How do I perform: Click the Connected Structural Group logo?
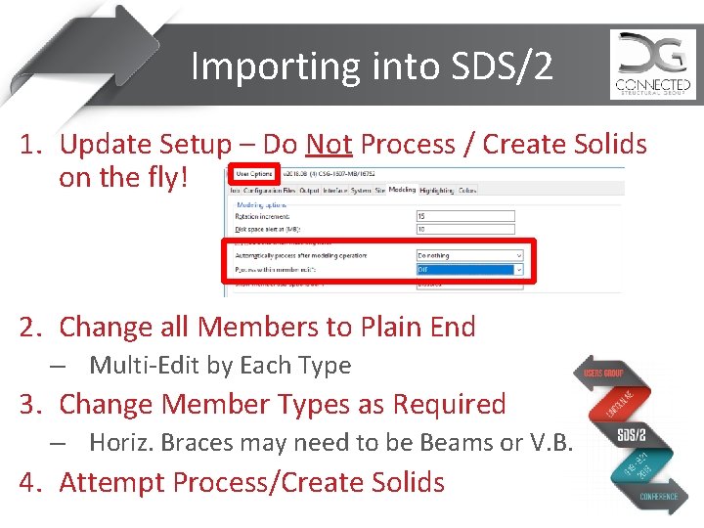coord(652,64)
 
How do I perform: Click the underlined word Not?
coord(329,145)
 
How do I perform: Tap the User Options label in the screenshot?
coord(254,174)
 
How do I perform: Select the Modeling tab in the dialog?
coord(401,190)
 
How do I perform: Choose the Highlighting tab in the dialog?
coord(435,190)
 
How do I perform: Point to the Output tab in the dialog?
coord(309,190)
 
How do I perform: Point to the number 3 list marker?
coord(32,404)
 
